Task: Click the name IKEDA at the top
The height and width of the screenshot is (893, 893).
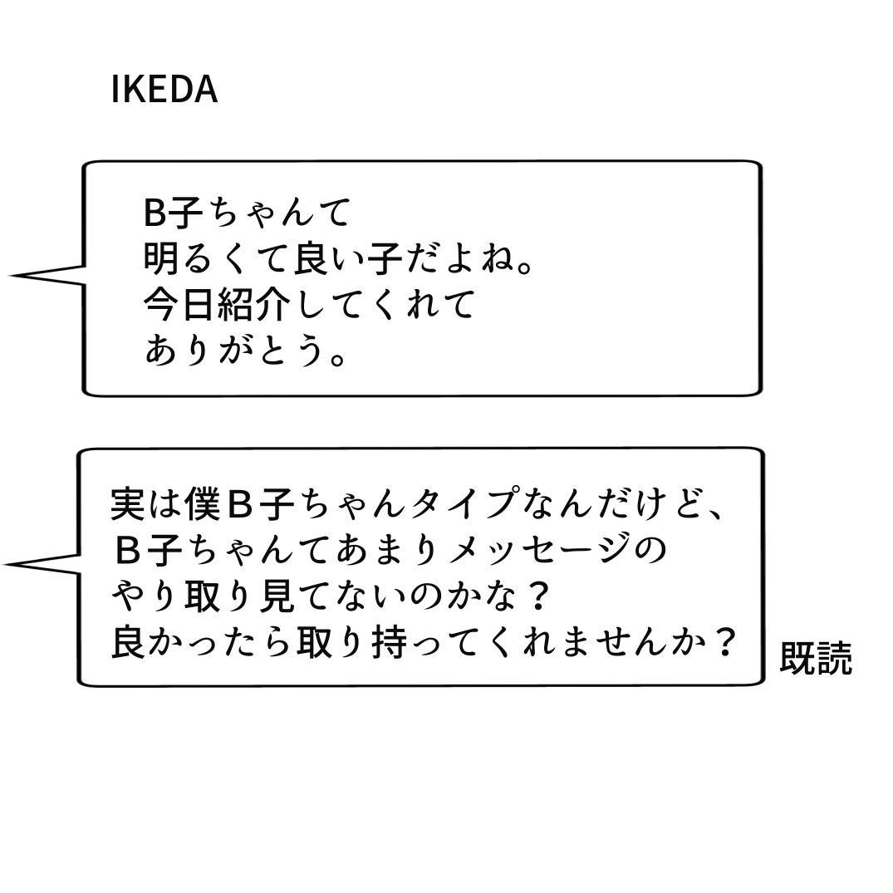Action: tap(164, 90)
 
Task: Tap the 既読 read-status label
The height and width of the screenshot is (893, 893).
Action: tap(816, 659)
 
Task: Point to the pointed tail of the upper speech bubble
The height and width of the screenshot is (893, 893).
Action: tap(12, 275)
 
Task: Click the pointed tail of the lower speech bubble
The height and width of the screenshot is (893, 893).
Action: tap(7, 564)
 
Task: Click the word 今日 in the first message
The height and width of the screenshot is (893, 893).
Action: tap(180, 305)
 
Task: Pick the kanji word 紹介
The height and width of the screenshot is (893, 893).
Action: tap(254, 305)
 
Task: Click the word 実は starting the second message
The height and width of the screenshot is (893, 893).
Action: tap(147, 504)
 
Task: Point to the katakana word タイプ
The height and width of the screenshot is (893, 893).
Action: tap(464, 504)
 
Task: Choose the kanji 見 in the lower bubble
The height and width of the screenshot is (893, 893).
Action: tap(277, 596)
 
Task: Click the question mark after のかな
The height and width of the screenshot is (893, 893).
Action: tap(535, 596)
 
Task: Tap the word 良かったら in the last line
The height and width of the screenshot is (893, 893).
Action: tap(202, 643)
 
